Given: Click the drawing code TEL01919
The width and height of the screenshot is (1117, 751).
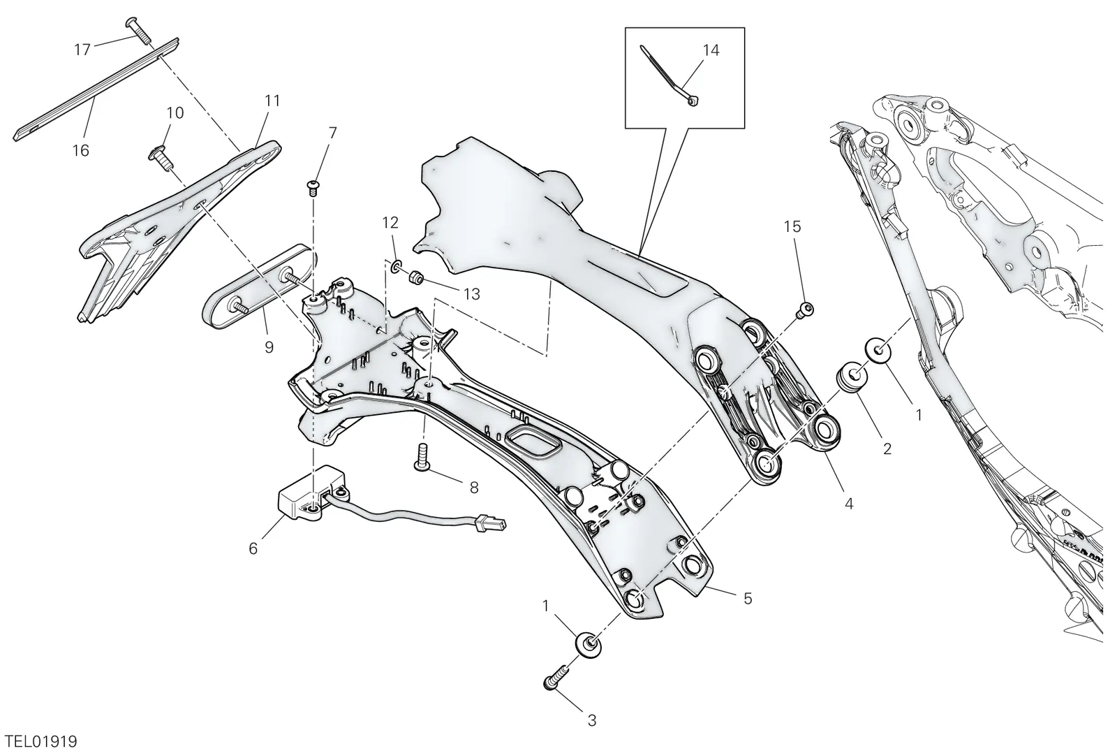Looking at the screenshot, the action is point(39,741).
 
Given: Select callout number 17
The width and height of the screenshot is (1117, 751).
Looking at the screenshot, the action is point(82,50).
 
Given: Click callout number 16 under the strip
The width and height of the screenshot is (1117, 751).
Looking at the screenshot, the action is point(81,150).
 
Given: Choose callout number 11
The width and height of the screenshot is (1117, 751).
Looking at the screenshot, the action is point(272,101).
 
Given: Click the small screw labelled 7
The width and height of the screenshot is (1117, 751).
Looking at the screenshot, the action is point(313,188).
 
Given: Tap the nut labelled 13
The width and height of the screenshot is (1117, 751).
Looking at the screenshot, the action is point(416,277).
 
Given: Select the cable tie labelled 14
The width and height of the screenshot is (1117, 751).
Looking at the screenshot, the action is point(671,81).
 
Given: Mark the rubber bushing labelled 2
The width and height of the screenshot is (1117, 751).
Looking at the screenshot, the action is point(852,376).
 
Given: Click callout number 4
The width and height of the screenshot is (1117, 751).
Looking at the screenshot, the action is point(849,504).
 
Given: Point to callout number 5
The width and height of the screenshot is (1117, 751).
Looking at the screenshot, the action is point(748,598).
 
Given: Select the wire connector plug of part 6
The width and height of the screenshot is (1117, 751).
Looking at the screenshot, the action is point(491,524).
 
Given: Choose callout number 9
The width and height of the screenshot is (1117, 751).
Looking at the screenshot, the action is point(269,347).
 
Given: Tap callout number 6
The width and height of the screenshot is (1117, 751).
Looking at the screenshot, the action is point(253,549).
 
